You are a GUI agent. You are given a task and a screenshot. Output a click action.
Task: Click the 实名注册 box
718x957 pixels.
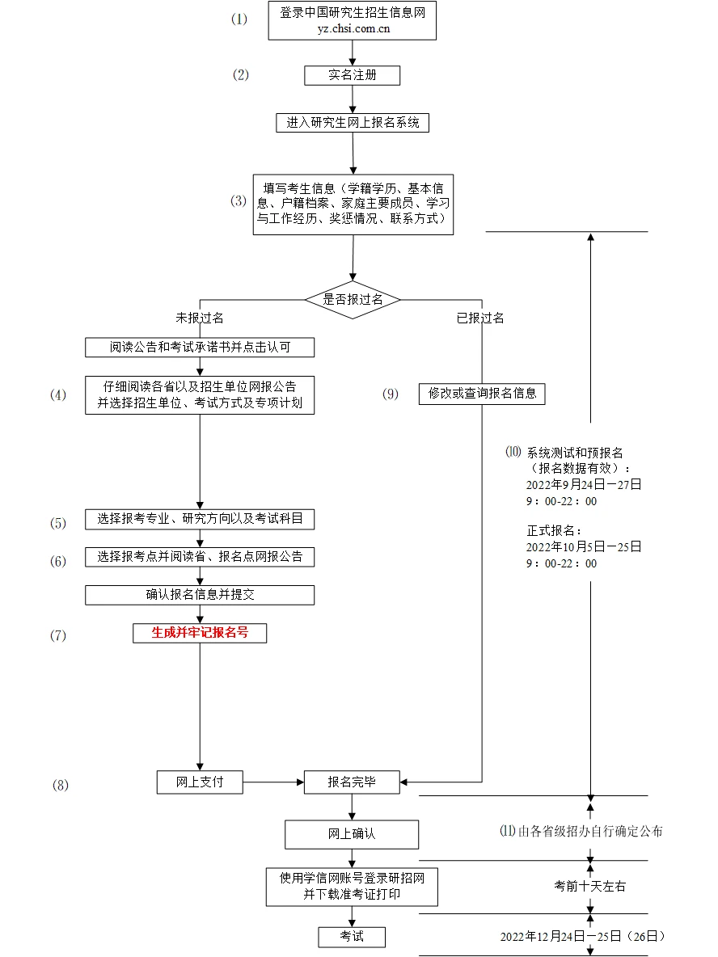pyautogui.click(x=352, y=75)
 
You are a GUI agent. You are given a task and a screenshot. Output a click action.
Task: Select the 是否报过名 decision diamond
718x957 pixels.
pyautogui.click(x=352, y=299)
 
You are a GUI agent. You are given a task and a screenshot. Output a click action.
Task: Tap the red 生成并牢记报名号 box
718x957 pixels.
pyautogui.click(x=200, y=633)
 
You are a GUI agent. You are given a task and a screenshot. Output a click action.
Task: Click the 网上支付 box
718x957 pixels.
pyautogui.click(x=200, y=782)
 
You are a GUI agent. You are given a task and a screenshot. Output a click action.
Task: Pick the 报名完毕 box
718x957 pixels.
pyautogui.click(x=352, y=782)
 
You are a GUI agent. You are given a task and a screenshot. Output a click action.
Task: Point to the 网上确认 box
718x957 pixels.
pyautogui.click(x=352, y=834)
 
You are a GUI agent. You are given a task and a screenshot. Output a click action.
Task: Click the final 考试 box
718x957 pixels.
pyautogui.click(x=352, y=937)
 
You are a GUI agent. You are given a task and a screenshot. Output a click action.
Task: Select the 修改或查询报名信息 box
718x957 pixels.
pyautogui.click(x=482, y=394)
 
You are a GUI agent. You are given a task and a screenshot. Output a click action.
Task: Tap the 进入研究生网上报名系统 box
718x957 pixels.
pyautogui.click(x=352, y=123)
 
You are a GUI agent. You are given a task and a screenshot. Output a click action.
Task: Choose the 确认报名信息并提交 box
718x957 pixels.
pyautogui.click(x=200, y=595)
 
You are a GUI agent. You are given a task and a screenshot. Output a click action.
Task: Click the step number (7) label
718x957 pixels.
pyautogui.click(x=58, y=635)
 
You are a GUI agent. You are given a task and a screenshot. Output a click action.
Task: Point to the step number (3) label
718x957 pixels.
pyautogui.click(x=239, y=201)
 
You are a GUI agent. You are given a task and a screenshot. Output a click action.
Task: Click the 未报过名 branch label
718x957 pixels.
pyautogui.click(x=200, y=318)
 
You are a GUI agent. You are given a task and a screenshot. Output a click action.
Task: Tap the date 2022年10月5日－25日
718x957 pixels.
pyautogui.click(x=584, y=546)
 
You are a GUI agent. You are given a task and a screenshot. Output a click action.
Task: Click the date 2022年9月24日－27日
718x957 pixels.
pyautogui.click(x=584, y=484)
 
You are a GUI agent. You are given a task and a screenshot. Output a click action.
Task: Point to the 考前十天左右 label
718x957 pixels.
pyautogui.click(x=589, y=886)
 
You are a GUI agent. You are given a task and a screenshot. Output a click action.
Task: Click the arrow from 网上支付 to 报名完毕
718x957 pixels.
pyautogui.click(x=273, y=782)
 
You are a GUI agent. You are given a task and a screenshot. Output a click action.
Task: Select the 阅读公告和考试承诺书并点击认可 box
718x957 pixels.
pyautogui.click(x=200, y=348)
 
